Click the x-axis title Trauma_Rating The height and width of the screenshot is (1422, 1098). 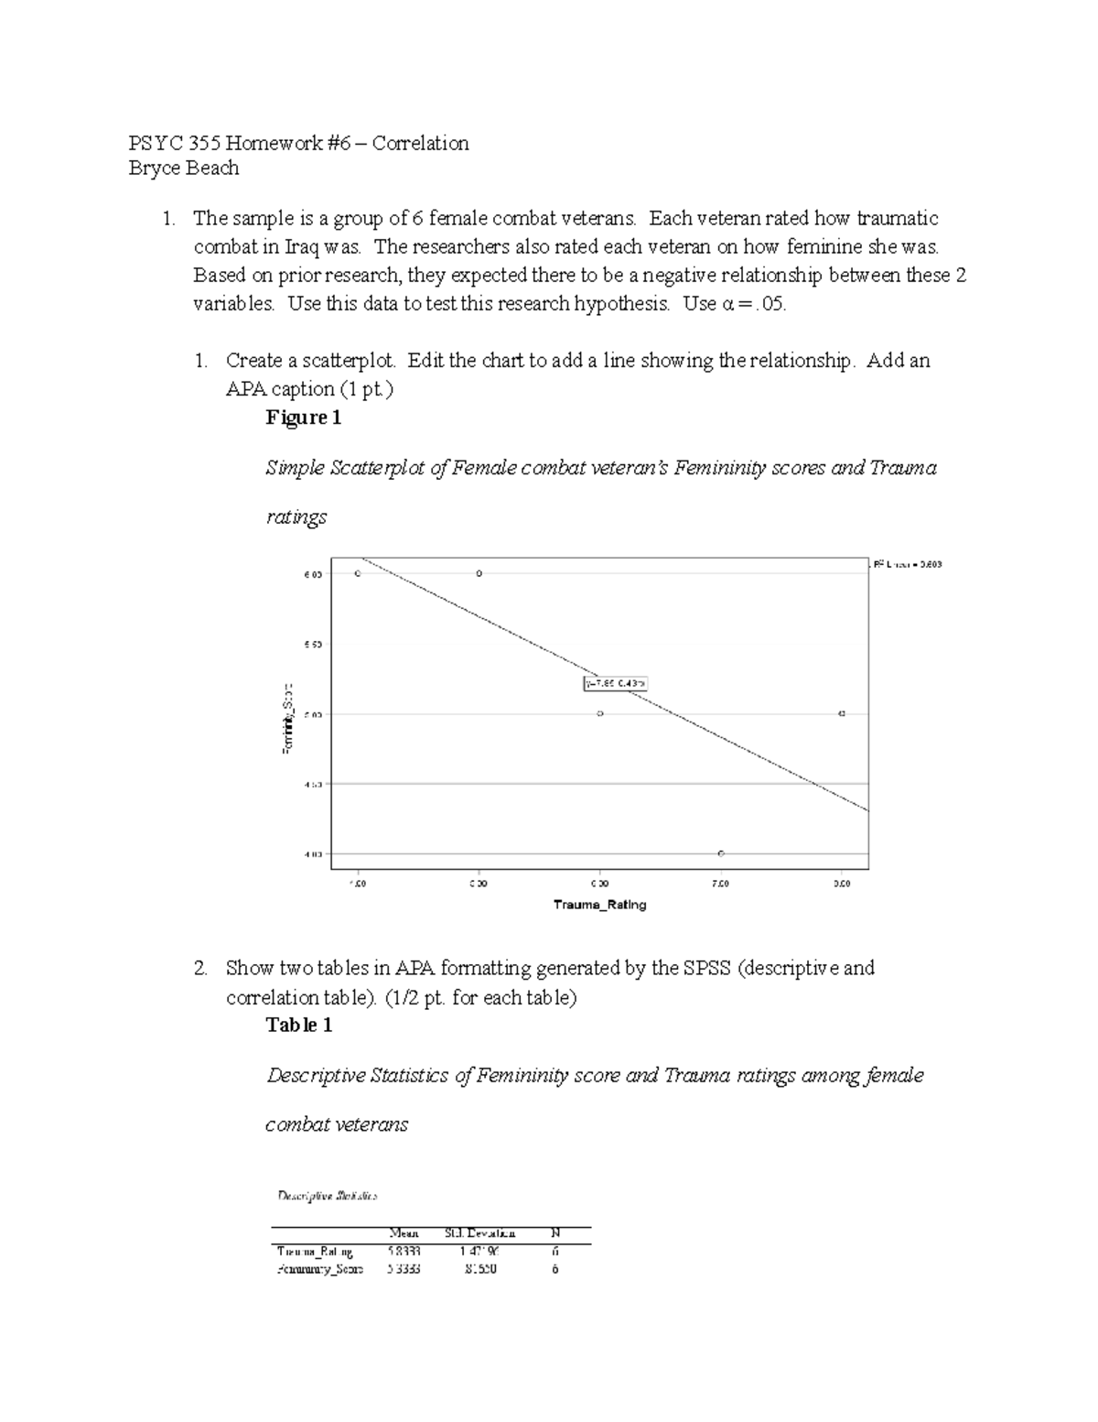(x=599, y=905)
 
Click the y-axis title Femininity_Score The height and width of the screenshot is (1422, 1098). (x=287, y=718)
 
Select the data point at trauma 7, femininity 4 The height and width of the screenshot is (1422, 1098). (x=721, y=853)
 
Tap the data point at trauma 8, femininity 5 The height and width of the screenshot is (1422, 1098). (x=842, y=713)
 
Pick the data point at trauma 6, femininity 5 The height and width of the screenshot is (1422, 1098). (x=599, y=713)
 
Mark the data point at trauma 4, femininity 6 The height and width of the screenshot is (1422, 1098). (x=358, y=573)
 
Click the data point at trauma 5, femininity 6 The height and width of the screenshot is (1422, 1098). (x=479, y=573)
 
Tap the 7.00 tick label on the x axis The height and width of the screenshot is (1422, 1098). (x=721, y=884)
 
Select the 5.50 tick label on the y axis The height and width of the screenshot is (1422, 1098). (x=312, y=644)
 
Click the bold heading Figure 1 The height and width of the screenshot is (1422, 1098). (x=303, y=418)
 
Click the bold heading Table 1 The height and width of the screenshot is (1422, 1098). (x=298, y=1025)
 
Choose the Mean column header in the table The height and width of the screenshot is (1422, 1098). (x=404, y=1233)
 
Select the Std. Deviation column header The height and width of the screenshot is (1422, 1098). (x=479, y=1233)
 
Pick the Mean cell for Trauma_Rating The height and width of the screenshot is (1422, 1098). (x=404, y=1251)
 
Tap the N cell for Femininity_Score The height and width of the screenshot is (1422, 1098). (x=554, y=1269)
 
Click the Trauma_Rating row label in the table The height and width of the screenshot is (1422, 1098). (x=315, y=1251)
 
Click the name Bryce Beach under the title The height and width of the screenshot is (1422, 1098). (x=184, y=168)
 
